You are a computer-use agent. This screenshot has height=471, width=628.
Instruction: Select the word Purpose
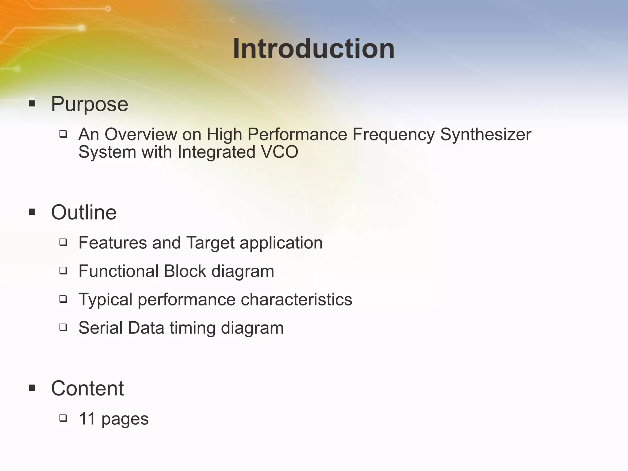(90, 104)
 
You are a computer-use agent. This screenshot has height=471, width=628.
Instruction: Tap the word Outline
(84, 212)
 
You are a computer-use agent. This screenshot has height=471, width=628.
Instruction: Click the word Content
(87, 388)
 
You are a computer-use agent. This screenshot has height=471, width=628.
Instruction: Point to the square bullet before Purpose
(32, 103)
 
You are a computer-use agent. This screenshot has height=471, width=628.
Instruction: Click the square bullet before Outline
(32, 212)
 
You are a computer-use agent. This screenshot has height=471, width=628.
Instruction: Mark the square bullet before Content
(32, 388)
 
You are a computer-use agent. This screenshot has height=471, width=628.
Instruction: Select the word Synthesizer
(485, 135)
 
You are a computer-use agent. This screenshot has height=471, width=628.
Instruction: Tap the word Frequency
(393, 135)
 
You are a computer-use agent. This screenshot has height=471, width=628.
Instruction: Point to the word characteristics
(296, 299)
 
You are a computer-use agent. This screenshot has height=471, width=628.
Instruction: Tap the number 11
(87, 419)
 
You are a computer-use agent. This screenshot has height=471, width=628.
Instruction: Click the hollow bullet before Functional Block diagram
(63, 271)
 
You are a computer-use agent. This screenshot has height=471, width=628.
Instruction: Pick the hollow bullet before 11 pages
(63, 418)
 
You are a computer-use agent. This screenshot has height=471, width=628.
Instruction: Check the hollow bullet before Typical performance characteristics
(63, 299)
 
